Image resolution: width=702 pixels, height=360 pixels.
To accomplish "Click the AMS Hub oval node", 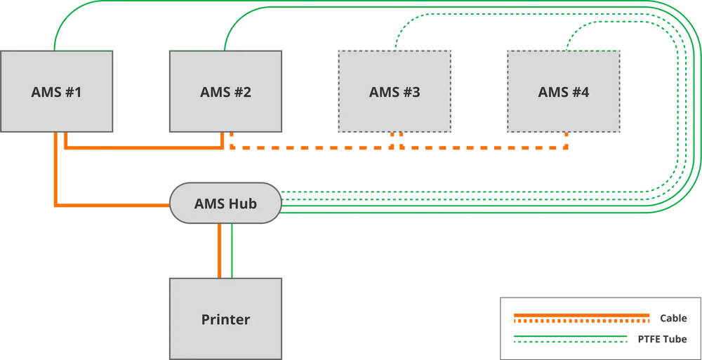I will [x=225, y=204].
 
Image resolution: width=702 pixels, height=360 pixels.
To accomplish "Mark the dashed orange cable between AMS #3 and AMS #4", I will [x=484, y=148].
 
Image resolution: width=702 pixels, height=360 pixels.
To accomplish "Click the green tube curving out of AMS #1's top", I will [x=70, y=17].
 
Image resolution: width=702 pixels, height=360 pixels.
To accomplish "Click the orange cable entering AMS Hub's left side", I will [x=112, y=205].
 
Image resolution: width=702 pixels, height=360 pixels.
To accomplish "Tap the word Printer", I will [x=225, y=319].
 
